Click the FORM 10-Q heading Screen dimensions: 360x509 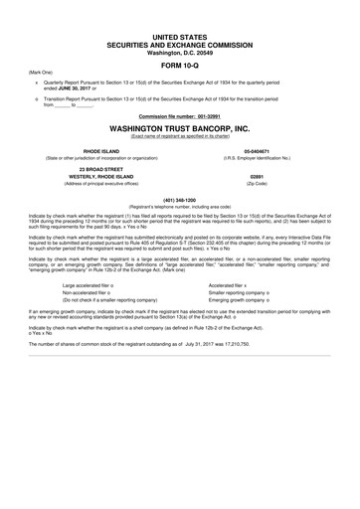point(179,66)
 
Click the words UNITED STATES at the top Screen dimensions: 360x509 point(179,36)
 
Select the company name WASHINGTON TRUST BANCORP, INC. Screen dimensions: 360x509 point(179,128)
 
